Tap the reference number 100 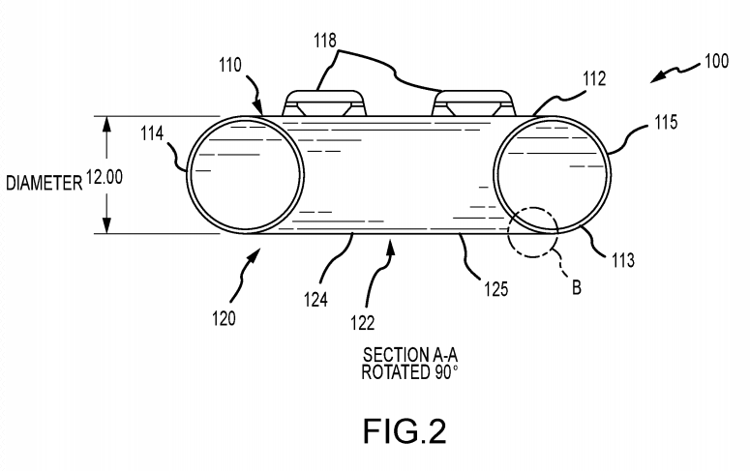pos(717,61)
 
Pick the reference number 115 pos(667,124)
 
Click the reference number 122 pos(362,323)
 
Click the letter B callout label pos(576,287)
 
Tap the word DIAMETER pos(43,181)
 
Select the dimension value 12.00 pos(104,179)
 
